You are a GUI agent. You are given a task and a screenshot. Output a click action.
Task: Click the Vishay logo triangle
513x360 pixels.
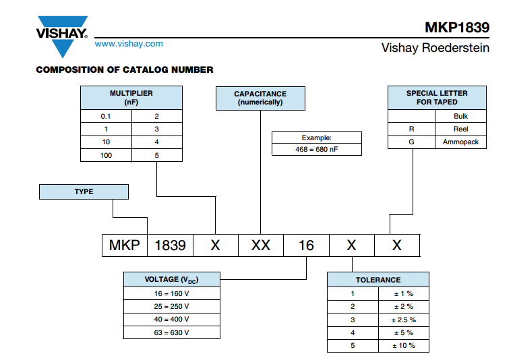click(x=62, y=36)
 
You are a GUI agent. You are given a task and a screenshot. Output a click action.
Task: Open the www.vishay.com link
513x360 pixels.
click(x=129, y=44)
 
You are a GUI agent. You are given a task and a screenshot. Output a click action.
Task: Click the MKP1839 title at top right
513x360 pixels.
click(x=457, y=28)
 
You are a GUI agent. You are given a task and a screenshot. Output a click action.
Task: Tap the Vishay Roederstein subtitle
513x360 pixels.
click(x=435, y=48)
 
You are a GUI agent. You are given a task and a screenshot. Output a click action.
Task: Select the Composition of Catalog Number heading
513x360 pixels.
click(x=125, y=69)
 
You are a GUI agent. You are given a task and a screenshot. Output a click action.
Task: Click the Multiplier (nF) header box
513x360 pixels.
click(x=131, y=98)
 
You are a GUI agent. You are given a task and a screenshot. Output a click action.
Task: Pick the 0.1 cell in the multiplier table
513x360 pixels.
click(x=106, y=116)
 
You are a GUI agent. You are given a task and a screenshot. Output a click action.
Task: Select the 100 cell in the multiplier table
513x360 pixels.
click(x=106, y=155)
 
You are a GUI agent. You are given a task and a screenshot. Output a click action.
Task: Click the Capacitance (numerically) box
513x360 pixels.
click(x=260, y=98)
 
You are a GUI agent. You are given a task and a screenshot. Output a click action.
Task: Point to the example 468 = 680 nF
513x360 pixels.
click(x=317, y=149)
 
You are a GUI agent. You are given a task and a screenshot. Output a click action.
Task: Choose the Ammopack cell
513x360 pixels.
click(x=460, y=142)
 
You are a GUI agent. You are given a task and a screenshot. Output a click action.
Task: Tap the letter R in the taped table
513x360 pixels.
click(x=412, y=129)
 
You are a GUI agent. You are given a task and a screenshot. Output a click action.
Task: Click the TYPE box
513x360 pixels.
click(x=84, y=191)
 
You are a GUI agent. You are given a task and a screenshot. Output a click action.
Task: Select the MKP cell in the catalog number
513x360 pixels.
click(x=125, y=245)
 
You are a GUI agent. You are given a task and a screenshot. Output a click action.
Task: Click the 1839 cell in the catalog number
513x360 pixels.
click(x=170, y=245)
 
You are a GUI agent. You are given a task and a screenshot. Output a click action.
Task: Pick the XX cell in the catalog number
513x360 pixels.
click(x=261, y=245)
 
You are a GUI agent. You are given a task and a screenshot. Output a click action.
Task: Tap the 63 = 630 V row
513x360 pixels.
click(x=171, y=332)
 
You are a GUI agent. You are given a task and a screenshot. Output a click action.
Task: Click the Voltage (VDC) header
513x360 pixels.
click(x=171, y=280)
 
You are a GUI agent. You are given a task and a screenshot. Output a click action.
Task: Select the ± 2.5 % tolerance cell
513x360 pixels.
click(x=404, y=320)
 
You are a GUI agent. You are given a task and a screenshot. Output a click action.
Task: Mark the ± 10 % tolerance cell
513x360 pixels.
click(x=404, y=346)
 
